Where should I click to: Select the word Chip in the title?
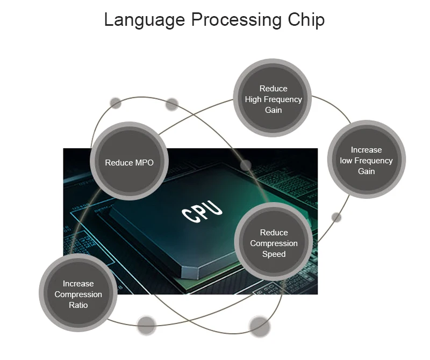coord(306,20)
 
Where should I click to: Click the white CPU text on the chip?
coord(202,212)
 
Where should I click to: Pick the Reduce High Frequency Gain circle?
coord(273,98)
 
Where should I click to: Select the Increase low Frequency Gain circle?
coord(366,160)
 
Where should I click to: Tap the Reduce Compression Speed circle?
coord(274,242)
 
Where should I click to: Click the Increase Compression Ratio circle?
coord(78,293)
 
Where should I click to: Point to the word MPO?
coord(144,162)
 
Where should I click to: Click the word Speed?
coord(274,254)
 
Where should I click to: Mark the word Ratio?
coord(78,305)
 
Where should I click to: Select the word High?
coord(254,99)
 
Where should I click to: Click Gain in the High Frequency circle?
coord(273,110)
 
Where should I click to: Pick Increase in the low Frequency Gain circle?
coord(366,150)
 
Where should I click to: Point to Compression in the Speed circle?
coord(274,243)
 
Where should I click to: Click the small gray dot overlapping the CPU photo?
coord(246,165)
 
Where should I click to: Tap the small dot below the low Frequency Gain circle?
coord(336,217)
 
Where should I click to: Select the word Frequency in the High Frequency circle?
coord(283,99)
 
